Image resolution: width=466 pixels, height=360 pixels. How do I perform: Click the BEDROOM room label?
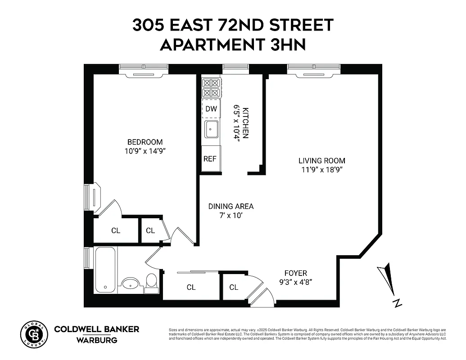[x=145, y=142]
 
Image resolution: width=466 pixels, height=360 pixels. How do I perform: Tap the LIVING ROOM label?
[x=322, y=161]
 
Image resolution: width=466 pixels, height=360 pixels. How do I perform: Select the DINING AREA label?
[x=231, y=207]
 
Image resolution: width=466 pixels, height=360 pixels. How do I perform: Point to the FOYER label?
[x=295, y=273]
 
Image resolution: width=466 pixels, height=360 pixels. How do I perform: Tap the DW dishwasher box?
[x=211, y=109]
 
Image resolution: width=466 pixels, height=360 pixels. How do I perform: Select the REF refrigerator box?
[x=210, y=159]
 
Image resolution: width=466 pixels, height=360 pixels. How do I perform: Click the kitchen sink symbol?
[x=211, y=130]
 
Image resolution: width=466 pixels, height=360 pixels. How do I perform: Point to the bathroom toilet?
[x=151, y=282]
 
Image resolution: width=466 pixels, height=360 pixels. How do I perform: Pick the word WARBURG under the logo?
[x=96, y=340]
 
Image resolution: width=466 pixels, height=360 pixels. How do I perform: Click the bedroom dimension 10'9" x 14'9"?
[x=145, y=151]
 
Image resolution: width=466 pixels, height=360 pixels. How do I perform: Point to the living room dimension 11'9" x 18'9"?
[x=322, y=170]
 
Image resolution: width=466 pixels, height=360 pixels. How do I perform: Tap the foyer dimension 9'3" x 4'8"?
[x=295, y=282]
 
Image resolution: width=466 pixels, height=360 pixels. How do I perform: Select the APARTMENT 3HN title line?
[x=233, y=45]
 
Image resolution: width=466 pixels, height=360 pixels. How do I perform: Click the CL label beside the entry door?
[x=233, y=287]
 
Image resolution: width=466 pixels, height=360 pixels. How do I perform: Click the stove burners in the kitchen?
[x=211, y=88]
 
